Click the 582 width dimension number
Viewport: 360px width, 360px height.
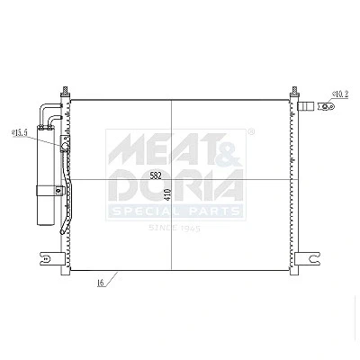pos(156,175)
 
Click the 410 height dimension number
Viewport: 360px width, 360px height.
pos(167,194)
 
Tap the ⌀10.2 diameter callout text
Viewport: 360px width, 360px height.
pos(340,94)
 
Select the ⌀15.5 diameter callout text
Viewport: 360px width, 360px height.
pos(20,133)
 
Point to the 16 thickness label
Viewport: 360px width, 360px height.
pos(101,283)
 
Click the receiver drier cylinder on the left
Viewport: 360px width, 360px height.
pos(46,175)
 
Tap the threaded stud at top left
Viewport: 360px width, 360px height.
pos(65,90)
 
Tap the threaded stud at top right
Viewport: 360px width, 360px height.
pos(294,90)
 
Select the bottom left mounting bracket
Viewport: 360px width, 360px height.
pos(52,258)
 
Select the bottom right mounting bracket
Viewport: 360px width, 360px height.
pos(308,258)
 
